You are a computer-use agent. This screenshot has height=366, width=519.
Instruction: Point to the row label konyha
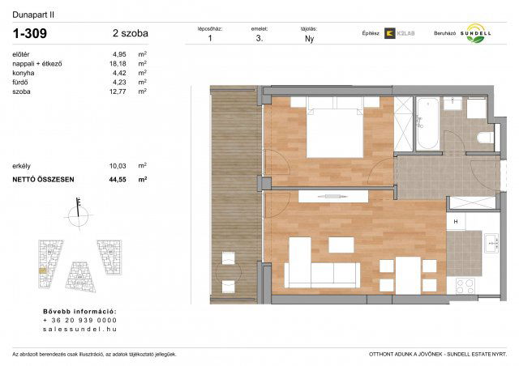[x=24, y=73]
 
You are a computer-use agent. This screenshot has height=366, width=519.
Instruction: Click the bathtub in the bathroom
[x=427, y=125]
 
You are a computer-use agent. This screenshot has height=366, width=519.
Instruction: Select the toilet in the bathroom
[x=485, y=136]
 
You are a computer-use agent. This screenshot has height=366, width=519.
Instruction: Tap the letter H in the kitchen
[x=457, y=223]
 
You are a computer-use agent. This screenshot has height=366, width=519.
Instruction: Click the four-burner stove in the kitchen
[x=465, y=285]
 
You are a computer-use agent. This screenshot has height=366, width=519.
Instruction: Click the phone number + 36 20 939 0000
[x=79, y=321]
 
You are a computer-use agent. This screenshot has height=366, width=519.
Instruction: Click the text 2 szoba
[x=131, y=34]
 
